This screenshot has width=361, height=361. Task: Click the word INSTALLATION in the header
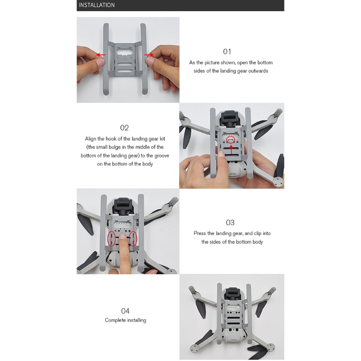click(x=97, y=5)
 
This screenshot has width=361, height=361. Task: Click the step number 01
click(x=227, y=51)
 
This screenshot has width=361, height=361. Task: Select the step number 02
click(x=125, y=128)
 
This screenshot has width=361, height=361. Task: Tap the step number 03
click(x=230, y=222)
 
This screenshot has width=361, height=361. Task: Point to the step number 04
click(x=125, y=311)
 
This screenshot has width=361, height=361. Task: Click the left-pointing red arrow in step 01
click(x=101, y=55)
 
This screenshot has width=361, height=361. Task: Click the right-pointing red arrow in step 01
click(x=149, y=55)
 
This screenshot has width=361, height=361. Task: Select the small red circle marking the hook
click(x=231, y=139)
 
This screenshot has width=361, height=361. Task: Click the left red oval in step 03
click(x=111, y=238)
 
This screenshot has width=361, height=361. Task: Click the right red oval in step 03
click(x=133, y=238)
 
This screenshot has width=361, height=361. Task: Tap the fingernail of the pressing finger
click(x=122, y=236)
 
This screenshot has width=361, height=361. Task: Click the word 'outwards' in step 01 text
click(x=258, y=71)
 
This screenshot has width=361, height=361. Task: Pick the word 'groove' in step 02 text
click(x=161, y=156)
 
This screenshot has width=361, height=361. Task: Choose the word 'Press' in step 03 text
click(x=200, y=233)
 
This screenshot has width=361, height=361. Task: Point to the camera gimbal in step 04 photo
click(x=232, y=294)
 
